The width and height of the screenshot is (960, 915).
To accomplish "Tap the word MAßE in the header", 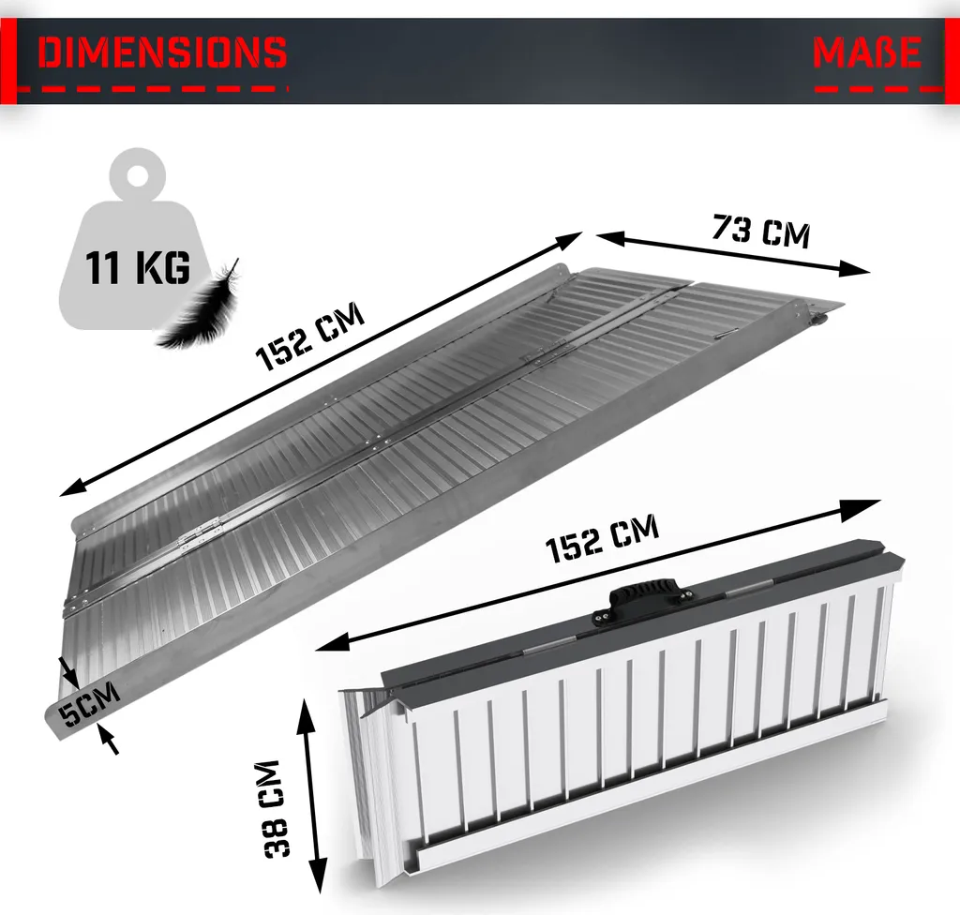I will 867,52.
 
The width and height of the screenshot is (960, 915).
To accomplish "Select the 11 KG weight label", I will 138,267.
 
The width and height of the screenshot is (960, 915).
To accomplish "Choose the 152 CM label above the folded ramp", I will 603,539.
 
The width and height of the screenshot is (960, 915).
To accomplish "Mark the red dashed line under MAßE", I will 878,89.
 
